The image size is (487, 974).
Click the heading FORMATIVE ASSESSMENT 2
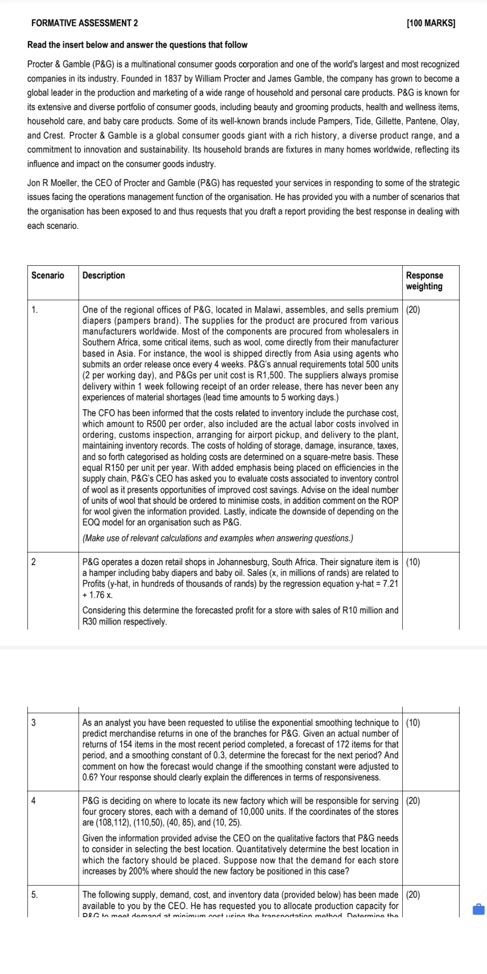84,23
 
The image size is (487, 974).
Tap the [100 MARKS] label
431,23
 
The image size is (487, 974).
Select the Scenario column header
48,275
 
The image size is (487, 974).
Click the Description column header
103,275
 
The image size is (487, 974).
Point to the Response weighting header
424,281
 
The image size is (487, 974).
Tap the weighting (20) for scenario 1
413,310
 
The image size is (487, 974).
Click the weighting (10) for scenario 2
413,562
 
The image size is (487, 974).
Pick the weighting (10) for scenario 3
413,723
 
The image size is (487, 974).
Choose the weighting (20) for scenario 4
413,801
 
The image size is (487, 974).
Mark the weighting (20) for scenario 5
413,895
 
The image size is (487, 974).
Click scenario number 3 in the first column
33,723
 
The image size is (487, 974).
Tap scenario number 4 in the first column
33,801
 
